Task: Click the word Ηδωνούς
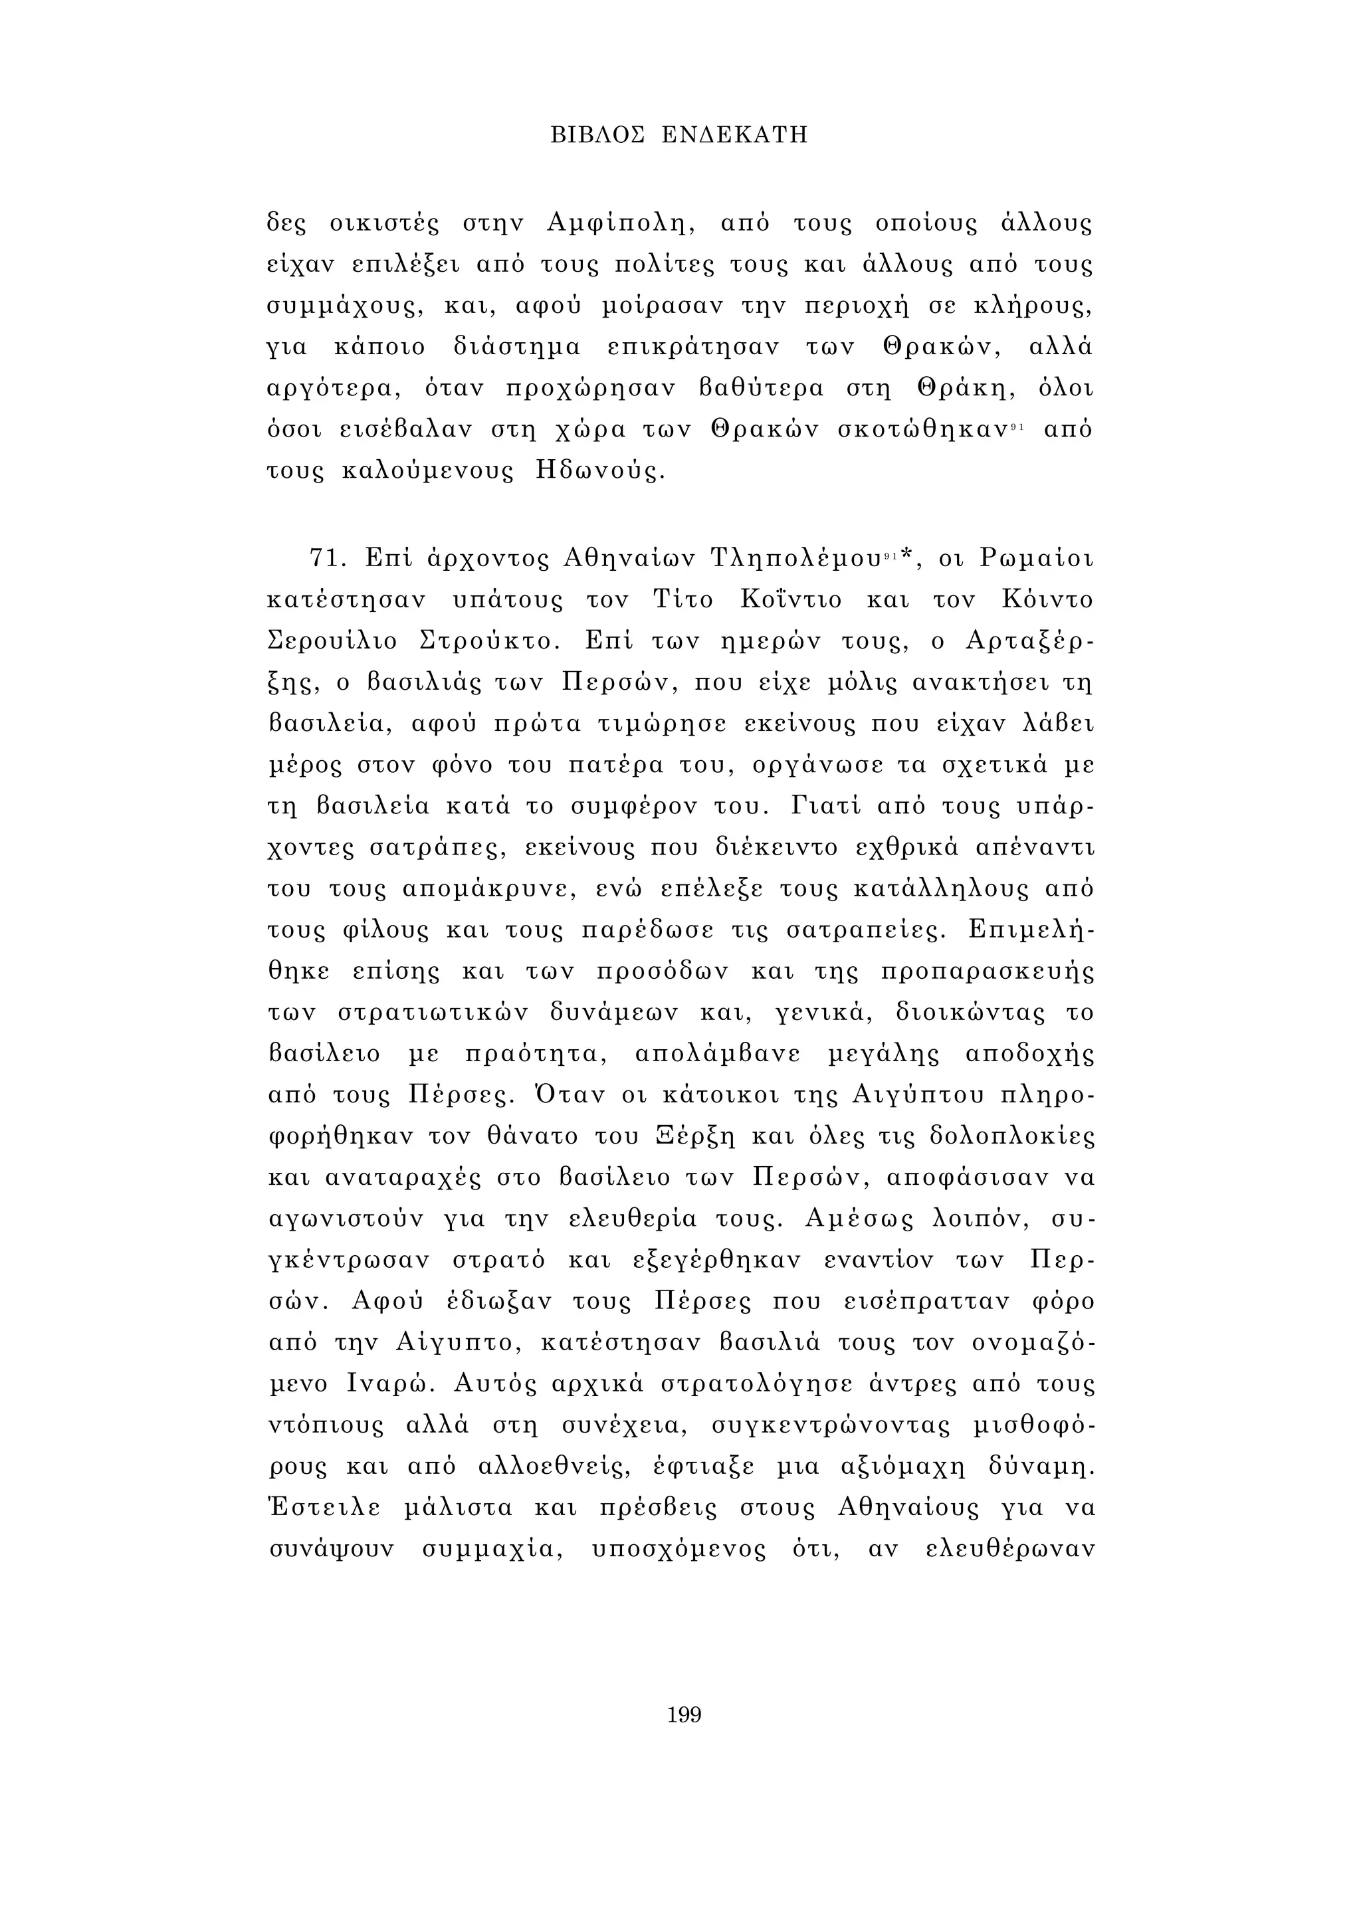coord(599,471)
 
